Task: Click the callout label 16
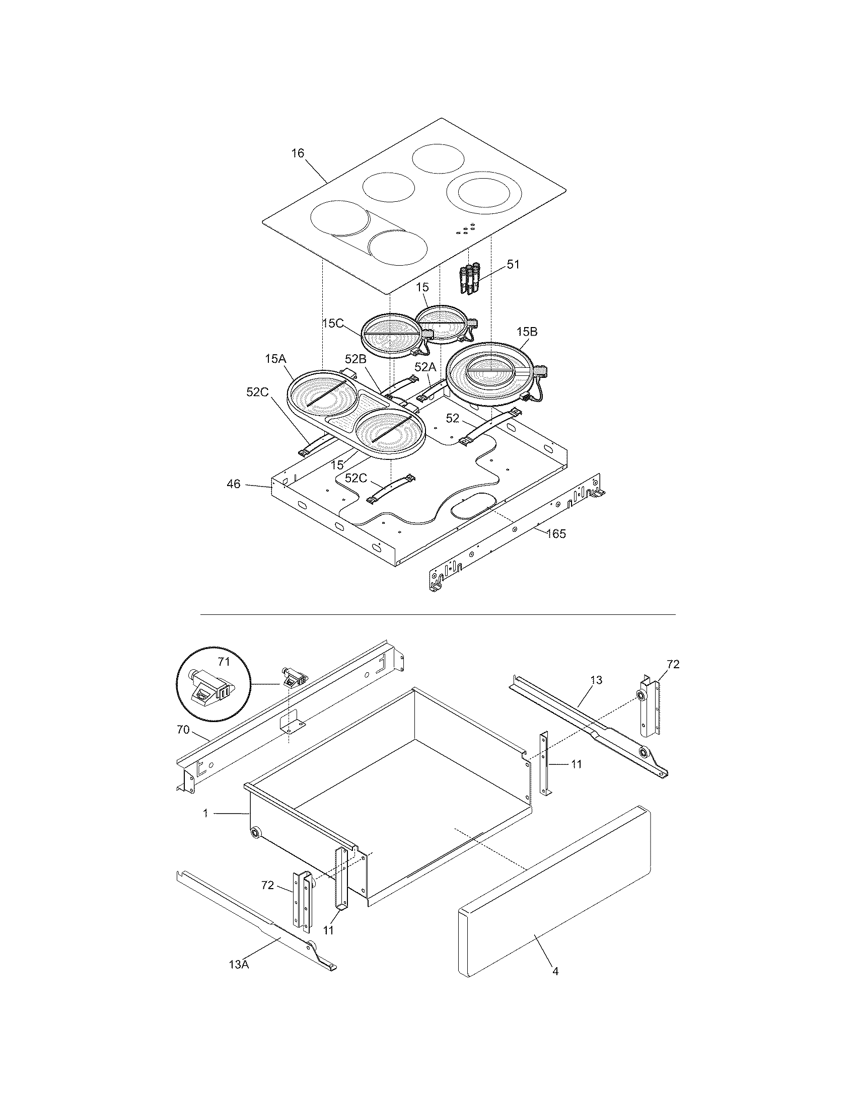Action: click(x=298, y=153)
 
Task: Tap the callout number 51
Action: click(x=513, y=265)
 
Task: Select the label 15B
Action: click(x=527, y=332)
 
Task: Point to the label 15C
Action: click(x=333, y=324)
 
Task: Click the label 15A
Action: click(x=275, y=359)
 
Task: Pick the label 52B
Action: click(x=355, y=359)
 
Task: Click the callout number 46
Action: click(x=234, y=484)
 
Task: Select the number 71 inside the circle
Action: click(x=224, y=662)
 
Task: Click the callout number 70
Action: click(x=183, y=730)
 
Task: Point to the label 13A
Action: click(x=239, y=965)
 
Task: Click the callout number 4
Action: click(x=555, y=972)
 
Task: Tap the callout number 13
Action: click(x=596, y=680)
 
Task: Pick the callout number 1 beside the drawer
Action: click(x=205, y=813)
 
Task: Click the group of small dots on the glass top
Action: click(x=466, y=228)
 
